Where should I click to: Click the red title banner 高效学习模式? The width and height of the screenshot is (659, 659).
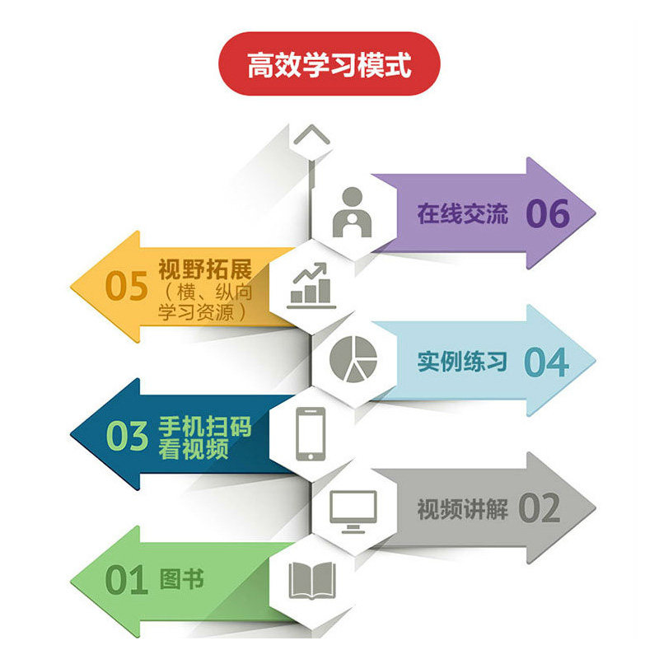click(329, 64)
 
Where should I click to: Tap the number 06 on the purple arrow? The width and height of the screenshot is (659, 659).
click(548, 214)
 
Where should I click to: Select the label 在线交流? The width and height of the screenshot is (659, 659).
click(462, 215)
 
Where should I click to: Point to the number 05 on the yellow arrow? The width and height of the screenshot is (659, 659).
click(126, 286)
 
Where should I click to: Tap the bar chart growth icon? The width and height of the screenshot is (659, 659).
click(311, 285)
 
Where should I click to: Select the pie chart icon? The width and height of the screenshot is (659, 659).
click(353, 358)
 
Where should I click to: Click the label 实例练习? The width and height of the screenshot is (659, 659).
click(461, 361)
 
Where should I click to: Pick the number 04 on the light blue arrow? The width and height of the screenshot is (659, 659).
click(546, 362)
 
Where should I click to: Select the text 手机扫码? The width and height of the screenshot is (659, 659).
click(204, 428)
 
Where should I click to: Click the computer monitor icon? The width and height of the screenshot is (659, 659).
click(353, 508)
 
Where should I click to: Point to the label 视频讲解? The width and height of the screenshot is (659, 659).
click(461, 508)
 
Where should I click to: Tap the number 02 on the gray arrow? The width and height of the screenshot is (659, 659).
click(540, 508)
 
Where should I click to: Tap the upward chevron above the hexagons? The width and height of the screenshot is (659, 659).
click(311, 135)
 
